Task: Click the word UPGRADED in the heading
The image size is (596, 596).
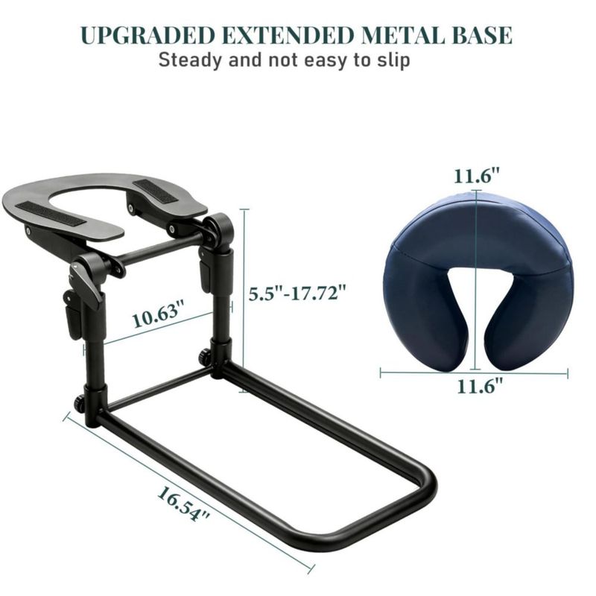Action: point(148,35)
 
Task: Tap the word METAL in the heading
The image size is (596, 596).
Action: point(402,35)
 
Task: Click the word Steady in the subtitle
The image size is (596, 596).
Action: point(190,60)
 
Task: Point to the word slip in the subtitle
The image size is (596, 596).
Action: point(394,60)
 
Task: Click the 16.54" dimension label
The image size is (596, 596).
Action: point(183,504)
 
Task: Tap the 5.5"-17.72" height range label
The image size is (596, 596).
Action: point(297,294)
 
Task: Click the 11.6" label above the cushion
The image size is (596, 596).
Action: point(476,177)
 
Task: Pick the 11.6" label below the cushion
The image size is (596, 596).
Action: point(480,386)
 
